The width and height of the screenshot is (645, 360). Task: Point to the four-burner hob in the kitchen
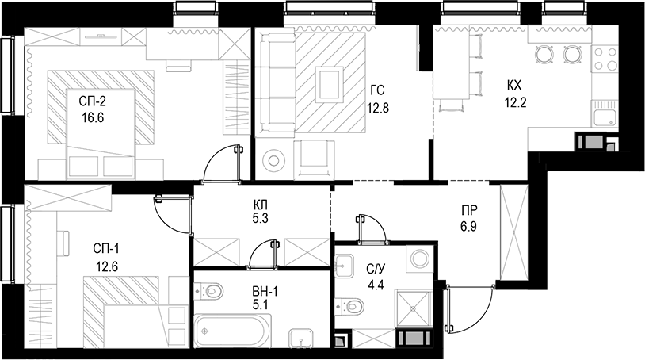point(605,57)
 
